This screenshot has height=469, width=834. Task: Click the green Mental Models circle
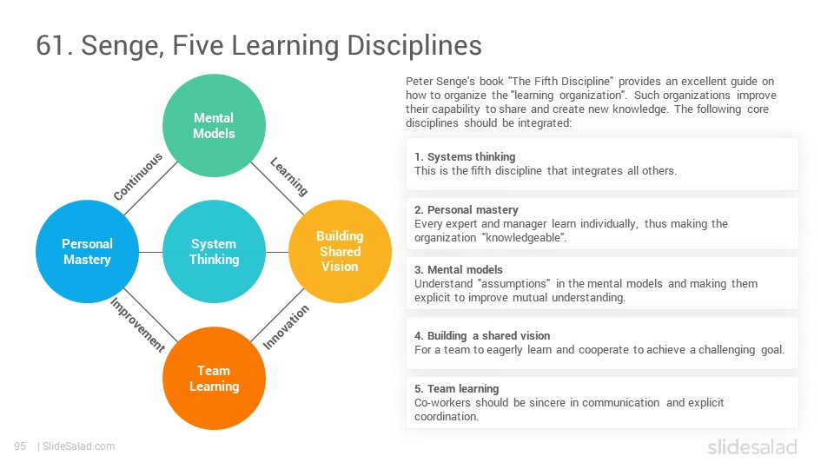tap(214, 125)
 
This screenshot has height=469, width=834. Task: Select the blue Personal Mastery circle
tap(87, 252)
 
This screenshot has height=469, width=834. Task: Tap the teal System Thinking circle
tap(214, 252)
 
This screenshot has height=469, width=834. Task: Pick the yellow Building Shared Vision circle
tap(341, 252)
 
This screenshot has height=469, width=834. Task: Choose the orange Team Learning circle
tap(214, 378)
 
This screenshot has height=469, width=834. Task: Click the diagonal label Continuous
tap(138, 176)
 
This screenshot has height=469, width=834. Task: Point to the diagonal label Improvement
tap(138, 324)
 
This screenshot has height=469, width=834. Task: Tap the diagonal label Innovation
tap(286, 327)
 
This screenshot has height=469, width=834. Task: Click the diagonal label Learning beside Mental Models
tap(288, 176)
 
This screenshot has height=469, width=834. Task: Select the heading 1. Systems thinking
tap(465, 157)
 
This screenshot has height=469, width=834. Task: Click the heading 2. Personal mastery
tap(467, 210)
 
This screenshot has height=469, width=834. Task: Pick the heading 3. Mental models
tap(459, 269)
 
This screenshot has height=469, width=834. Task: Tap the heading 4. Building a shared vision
tap(482, 336)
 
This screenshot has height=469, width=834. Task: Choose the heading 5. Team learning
tap(457, 389)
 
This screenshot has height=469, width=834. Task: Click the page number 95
tap(20, 446)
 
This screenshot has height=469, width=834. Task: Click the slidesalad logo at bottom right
tap(752, 446)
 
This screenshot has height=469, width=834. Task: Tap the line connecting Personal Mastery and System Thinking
tap(150, 252)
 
